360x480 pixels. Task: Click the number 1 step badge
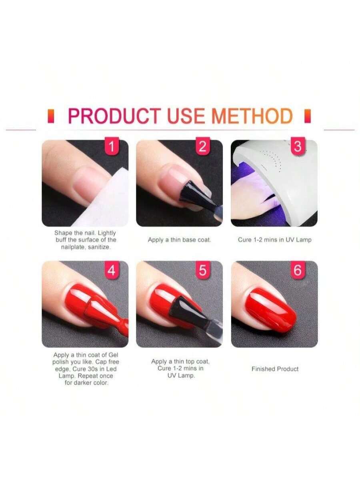[112, 146]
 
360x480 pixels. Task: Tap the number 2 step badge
[202, 146]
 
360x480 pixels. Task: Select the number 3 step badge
[298, 146]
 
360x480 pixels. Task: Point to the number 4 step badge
[112, 270]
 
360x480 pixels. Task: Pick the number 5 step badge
[202, 270]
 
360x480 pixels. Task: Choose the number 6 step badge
[298, 270]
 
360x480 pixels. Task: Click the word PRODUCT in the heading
[115, 116]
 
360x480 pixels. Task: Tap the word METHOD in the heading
[252, 116]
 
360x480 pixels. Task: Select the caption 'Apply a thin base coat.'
[180, 240]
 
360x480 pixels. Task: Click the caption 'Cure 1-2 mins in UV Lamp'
[274, 240]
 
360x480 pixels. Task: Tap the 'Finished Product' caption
[275, 369]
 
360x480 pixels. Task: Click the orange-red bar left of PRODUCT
[51, 116]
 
